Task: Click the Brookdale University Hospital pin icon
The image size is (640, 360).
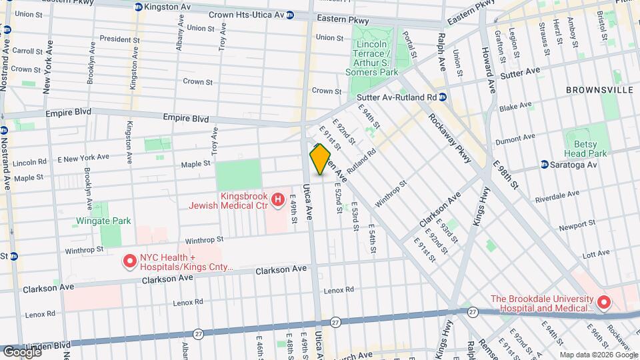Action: pos(604,303)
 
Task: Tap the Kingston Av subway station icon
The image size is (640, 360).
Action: pos(138,7)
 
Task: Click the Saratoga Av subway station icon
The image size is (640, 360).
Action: pos(545,164)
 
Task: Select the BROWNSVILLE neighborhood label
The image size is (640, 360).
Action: pos(593,89)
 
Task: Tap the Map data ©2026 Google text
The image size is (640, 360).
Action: pos(598,354)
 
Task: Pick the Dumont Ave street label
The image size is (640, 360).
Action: pos(515,139)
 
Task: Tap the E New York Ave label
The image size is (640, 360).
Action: pos(83,157)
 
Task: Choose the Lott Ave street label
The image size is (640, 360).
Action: pos(578,255)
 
